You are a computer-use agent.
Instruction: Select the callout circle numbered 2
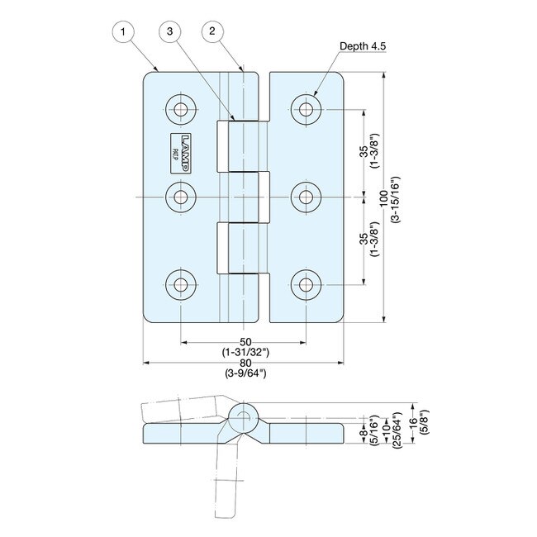click(212, 32)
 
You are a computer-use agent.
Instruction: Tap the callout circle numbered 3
click(169, 32)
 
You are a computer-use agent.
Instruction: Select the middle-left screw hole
click(180, 197)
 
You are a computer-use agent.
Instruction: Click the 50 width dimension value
click(245, 342)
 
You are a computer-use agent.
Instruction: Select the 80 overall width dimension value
click(245, 363)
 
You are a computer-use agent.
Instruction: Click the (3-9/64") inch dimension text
click(245, 373)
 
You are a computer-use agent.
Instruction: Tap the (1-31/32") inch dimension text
click(245, 353)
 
